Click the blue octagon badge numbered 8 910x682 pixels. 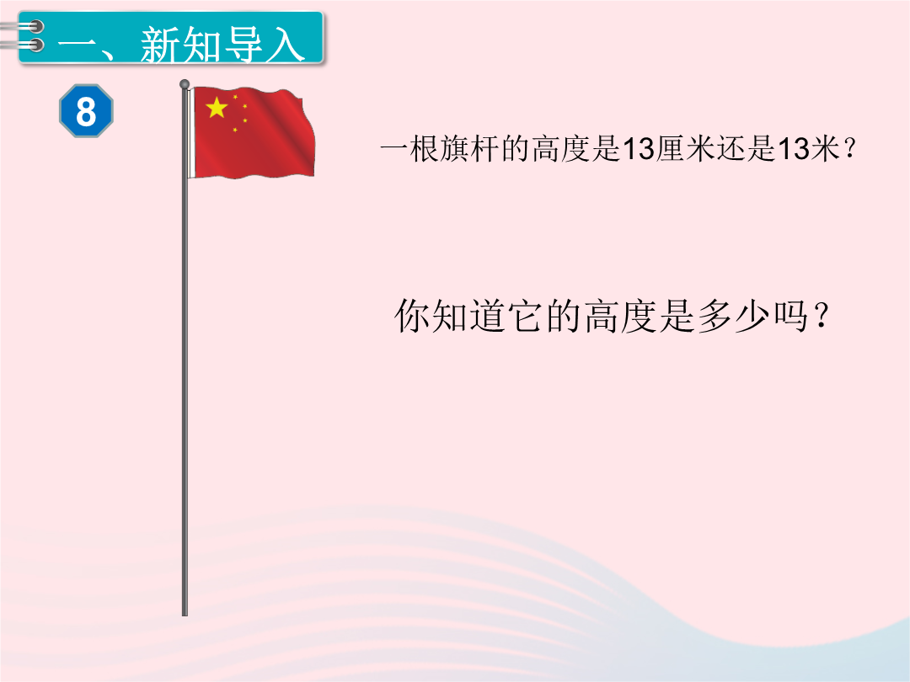[86, 111]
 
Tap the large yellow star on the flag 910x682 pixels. [217, 107]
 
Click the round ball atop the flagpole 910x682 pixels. [185, 84]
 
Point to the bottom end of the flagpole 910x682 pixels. [185, 615]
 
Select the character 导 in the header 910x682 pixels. [244, 45]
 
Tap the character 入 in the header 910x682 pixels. [286, 45]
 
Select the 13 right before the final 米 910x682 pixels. [793, 148]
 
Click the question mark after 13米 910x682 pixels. [849, 150]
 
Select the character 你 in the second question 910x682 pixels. [412, 316]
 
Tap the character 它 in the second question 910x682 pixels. [526, 316]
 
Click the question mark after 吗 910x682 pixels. [821, 317]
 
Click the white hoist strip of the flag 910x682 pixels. [191, 132]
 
